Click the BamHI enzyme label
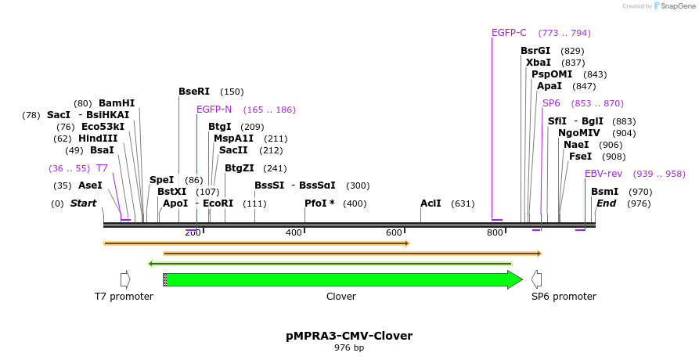[117, 103]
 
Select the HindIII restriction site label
[98, 139]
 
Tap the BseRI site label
[194, 92]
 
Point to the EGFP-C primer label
[509, 33]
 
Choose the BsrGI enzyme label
[535, 51]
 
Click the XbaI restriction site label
[539, 63]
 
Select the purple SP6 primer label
[551, 103]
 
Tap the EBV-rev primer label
[603, 174]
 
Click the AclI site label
[431, 203]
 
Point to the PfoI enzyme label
[319, 203]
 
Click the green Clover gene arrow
[344, 279]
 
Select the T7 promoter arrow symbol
[124, 279]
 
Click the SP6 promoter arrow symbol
[536, 279]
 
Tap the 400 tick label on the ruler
[294, 232]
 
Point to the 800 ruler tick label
[495, 232]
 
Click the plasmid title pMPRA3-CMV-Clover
[349, 336]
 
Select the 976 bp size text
[349, 347]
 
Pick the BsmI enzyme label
[604, 192]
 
